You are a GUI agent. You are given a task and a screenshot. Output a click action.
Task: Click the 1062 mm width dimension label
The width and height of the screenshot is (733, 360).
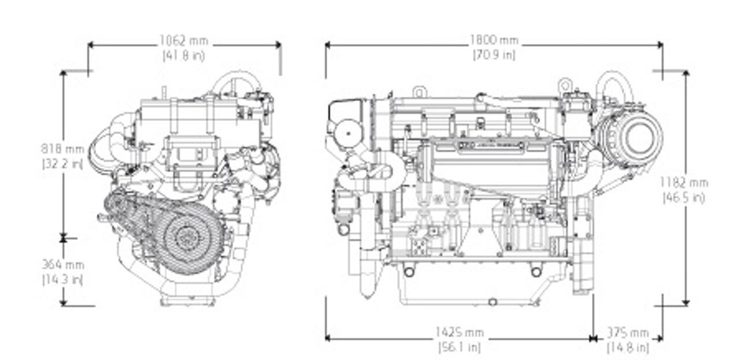(x=183, y=42)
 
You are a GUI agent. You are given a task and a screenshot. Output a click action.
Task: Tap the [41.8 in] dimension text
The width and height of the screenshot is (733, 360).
(x=183, y=55)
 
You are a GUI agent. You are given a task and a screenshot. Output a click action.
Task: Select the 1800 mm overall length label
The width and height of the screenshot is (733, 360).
(x=494, y=40)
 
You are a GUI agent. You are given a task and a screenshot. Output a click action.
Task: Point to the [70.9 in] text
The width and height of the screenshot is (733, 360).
(x=494, y=55)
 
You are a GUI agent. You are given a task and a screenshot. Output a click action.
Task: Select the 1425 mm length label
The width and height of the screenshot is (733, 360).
(x=459, y=333)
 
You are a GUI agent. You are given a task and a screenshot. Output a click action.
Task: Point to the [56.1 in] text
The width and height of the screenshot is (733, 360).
(x=459, y=347)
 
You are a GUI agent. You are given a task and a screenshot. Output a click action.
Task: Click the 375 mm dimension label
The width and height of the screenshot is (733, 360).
(x=627, y=333)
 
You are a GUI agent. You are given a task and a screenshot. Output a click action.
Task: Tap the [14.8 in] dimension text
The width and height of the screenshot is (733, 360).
(x=627, y=348)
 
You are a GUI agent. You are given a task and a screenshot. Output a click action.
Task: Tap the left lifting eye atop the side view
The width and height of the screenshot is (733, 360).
(x=419, y=91)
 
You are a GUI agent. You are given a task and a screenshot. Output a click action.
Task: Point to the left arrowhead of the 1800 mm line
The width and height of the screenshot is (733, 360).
(x=328, y=44)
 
